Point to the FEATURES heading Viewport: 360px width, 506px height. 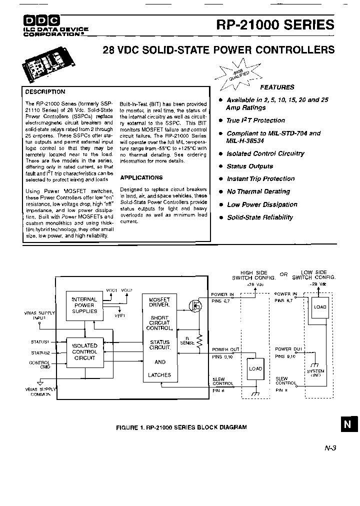(x=277, y=87)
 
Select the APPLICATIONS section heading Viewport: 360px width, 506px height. (x=141, y=177)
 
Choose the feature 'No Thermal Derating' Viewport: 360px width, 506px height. (x=258, y=191)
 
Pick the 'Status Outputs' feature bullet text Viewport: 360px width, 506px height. (x=249, y=166)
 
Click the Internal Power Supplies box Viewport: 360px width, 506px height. (x=84, y=305)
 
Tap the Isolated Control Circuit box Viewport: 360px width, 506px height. (x=84, y=352)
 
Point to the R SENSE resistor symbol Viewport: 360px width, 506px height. (x=198, y=341)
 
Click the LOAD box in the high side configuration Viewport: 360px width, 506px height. (x=255, y=369)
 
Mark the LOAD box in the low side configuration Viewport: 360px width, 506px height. (x=320, y=307)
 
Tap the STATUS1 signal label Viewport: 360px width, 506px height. (x=40, y=342)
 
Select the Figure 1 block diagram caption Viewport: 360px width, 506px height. (x=181, y=427)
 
